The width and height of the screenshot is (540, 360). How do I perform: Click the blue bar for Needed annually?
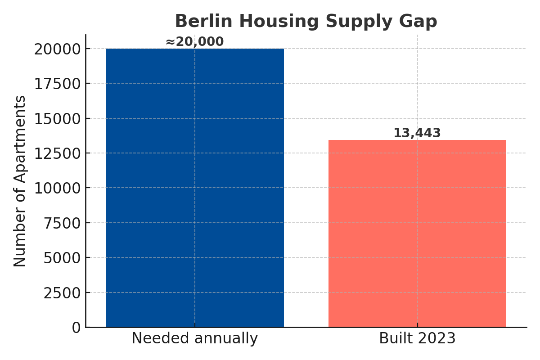point(194,188)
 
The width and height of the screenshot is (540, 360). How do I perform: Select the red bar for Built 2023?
point(417,234)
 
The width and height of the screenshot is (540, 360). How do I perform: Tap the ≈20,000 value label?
point(194,42)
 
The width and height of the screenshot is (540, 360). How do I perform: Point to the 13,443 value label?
point(417,133)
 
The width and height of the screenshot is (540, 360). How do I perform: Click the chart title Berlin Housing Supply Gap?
point(306,21)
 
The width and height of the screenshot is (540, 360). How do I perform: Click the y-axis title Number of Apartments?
point(20,181)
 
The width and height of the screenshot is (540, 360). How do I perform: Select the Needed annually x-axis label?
point(194,338)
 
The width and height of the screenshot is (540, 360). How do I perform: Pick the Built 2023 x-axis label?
point(417,338)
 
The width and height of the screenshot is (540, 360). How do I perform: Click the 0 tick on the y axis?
point(76,328)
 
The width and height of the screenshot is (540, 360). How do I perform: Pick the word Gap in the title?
point(420,21)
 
